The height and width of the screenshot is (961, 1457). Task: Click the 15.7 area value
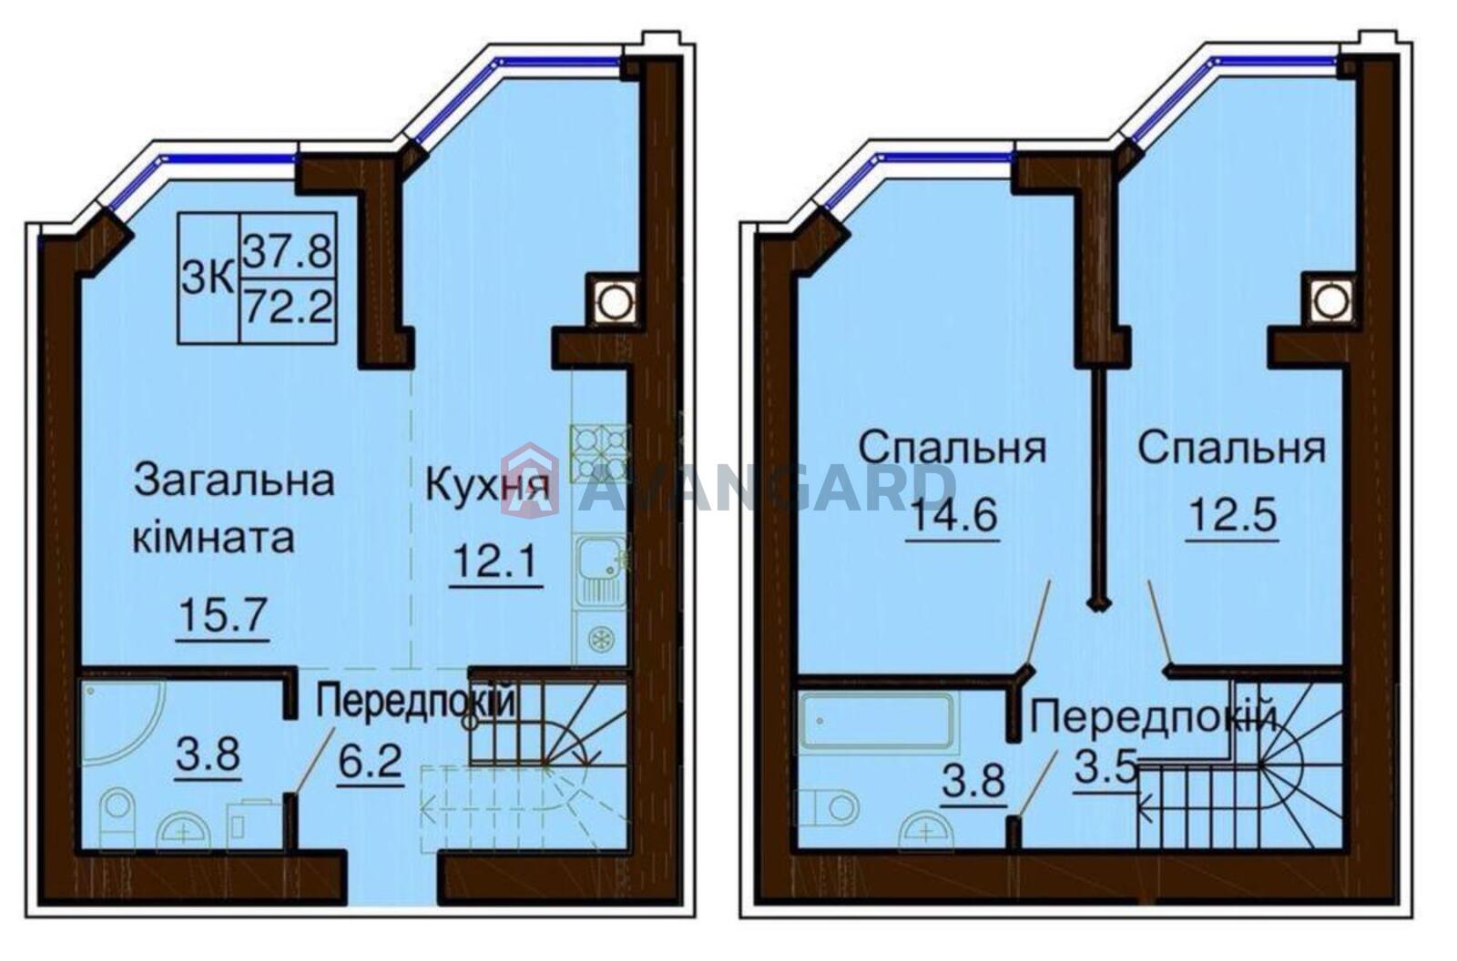tap(222, 614)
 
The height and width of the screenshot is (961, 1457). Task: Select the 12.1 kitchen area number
tap(496, 561)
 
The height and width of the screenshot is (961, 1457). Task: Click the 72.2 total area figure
tap(288, 306)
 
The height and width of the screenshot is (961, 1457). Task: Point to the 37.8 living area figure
tap(288, 251)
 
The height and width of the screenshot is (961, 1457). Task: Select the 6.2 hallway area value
tap(369, 762)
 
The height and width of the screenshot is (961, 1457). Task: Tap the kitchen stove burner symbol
tap(600, 453)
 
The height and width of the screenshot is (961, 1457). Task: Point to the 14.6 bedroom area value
tap(953, 516)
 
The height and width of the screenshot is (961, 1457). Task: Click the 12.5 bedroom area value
tap(1233, 516)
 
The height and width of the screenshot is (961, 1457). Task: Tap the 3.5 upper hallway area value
tap(1105, 769)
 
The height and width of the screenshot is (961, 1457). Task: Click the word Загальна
tap(234, 481)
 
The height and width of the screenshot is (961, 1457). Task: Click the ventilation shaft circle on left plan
tap(613, 300)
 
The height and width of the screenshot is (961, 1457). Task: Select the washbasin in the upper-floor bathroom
tap(926, 831)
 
